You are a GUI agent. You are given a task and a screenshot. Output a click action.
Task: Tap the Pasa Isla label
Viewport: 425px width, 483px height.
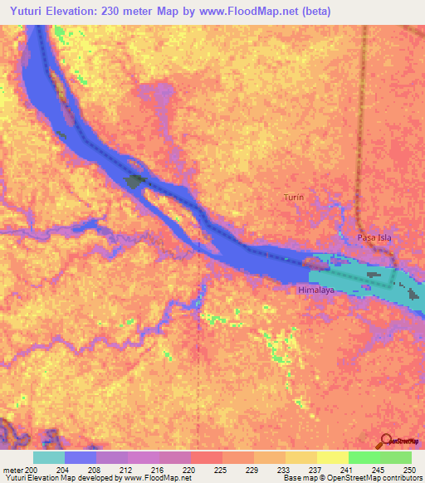click(374, 237)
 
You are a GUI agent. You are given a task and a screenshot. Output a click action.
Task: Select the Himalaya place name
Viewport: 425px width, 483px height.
click(315, 292)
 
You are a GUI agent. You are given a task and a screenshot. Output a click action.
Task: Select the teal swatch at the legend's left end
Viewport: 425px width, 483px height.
click(49, 457)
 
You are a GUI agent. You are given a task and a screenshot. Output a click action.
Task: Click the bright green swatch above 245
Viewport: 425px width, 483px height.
click(364, 457)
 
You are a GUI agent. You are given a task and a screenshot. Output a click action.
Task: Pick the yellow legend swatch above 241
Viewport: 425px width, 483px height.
click(333, 457)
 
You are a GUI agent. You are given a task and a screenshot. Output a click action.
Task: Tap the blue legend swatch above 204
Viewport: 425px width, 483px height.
click(81, 457)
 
